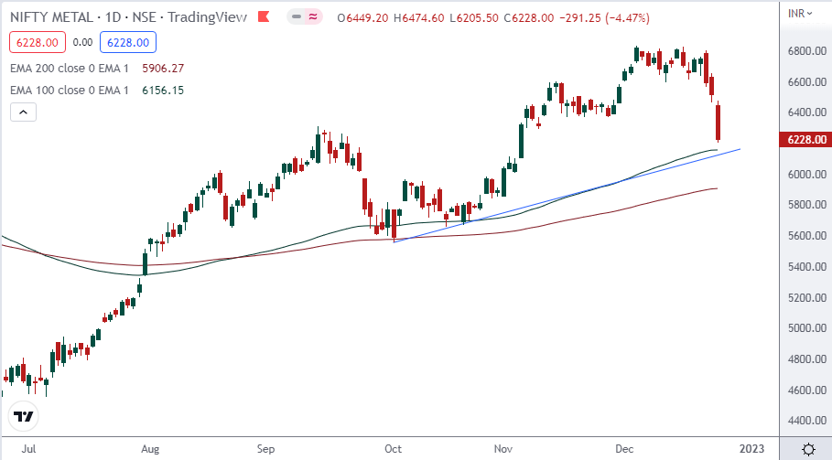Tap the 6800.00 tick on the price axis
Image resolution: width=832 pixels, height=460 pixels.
click(805, 51)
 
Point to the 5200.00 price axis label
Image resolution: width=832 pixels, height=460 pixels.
click(805, 298)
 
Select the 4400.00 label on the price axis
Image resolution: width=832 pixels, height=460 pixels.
click(805, 421)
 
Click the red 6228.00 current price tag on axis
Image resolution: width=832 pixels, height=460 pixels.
click(806, 139)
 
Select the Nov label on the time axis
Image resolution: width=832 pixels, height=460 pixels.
click(502, 449)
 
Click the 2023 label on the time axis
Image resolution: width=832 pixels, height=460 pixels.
click(751, 449)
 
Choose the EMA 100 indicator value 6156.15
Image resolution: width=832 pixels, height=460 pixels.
click(164, 90)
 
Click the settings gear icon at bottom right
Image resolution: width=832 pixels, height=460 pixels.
click(809, 449)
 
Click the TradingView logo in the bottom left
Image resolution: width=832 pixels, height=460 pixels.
click(24, 417)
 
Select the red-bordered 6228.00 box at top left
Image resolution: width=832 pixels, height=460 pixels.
click(34, 42)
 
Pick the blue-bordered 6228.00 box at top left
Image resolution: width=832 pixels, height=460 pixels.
click(131, 42)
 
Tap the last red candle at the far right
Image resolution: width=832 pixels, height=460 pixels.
click(719, 123)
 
